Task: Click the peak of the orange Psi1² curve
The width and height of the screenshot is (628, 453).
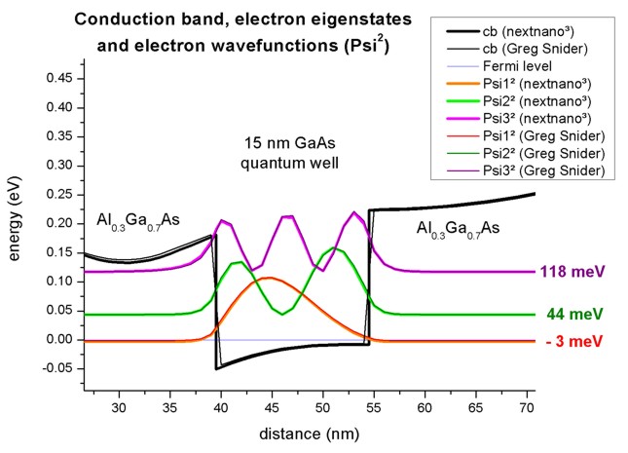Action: [x=268, y=279]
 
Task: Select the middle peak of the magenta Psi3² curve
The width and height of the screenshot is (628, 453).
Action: [x=287, y=216]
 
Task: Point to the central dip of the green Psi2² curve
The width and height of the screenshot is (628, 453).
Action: [x=282, y=314]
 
